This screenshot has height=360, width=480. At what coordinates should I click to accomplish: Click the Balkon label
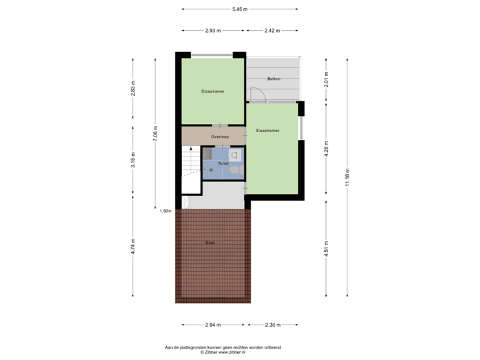pyautogui.click(x=273, y=79)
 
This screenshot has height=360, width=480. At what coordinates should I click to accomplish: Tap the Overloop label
pyautogui.click(x=221, y=137)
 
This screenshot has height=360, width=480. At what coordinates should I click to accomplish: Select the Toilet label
pyautogui.click(x=223, y=163)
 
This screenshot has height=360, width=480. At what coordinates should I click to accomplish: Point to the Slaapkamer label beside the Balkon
pyautogui.click(x=212, y=91)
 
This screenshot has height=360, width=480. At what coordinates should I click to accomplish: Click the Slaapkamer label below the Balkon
pyautogui.click(x=267, y=131)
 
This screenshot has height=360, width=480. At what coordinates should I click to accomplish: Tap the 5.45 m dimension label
pyautogui.click(x=239, y=9)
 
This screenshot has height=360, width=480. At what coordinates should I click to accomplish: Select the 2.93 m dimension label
pyautogui.click(x=213, y=31)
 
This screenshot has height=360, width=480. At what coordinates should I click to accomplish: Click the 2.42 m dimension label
pyautogui.click(x=271, y=31)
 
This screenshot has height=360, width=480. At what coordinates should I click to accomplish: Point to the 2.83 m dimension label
pyautogui.click(x=133, y=92)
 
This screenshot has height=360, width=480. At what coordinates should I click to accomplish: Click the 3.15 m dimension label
pyautogui.click(x=133, y=160)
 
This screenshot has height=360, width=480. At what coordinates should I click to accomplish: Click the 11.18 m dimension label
pyautogui.click(x=347, y=179)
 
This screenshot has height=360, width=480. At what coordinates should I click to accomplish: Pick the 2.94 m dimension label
pyautogui.click(x=213, y=325)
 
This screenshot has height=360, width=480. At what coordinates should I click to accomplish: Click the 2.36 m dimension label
pyautogui.click(x=273, y=325)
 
